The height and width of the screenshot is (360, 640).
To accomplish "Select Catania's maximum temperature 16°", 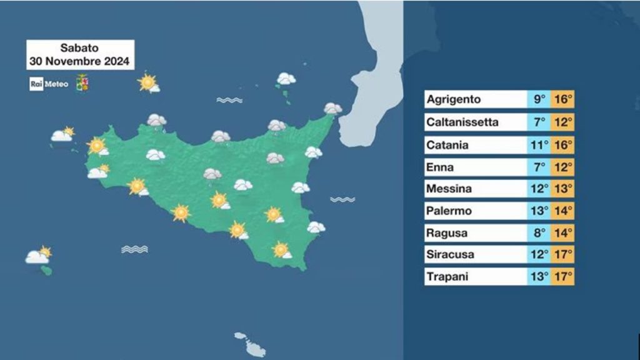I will (x=562, y=145).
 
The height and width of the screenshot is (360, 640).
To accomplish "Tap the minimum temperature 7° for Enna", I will (x=539, y=167).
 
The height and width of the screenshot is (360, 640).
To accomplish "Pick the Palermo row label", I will (x=448, y=211).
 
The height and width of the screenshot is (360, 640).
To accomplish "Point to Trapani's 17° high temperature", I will (x=562, y=276).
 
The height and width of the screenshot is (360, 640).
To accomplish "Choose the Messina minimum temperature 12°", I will (x=539, y=189).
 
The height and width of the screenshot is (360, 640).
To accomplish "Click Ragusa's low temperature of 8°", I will (x=539, y=233).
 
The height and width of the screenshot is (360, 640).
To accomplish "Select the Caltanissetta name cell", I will (x=462, y=122).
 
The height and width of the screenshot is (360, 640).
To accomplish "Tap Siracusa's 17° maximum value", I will (x=562, y=254).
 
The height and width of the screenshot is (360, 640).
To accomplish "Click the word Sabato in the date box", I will (x=79, y=48).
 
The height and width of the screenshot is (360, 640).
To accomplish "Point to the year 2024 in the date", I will (x=117, y=62).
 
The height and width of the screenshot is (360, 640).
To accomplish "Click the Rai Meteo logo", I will (x=44, y=84).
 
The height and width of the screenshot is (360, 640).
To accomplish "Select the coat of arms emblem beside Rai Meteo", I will (x=81, y=83).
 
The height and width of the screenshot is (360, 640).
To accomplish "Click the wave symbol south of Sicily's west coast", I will (x=134, y=249).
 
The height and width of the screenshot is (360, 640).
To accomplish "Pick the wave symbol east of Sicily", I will (x=342, y=199).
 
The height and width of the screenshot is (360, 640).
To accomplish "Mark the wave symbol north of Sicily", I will (x=229, y=100).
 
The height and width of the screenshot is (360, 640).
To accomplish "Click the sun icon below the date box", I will (x=148, y=82).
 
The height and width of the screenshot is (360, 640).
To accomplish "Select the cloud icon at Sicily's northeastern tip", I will (x=333, y=109).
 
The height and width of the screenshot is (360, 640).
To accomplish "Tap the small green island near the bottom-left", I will (x=46, y=271).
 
